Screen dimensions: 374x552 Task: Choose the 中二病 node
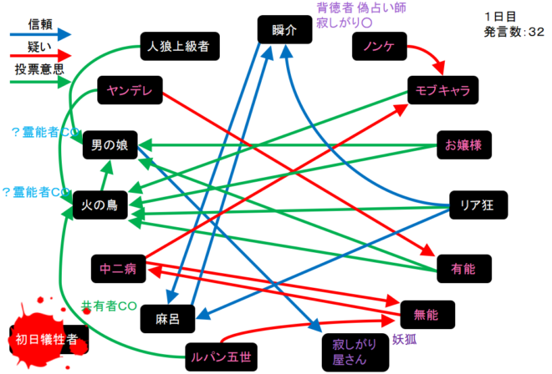click(117, 269)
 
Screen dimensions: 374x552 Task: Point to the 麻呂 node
click(168, 316)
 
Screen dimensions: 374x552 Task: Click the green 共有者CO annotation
click(108, 306)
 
